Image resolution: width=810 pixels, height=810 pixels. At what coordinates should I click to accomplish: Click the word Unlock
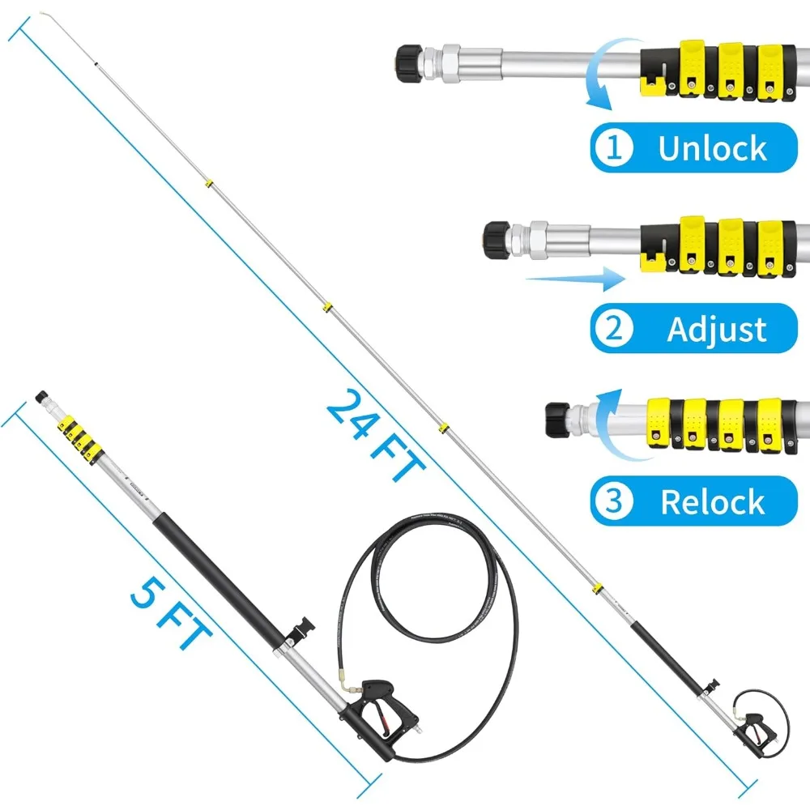712,148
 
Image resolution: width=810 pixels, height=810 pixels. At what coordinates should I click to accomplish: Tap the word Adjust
716,330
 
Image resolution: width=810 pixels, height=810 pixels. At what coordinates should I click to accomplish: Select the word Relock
713,502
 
